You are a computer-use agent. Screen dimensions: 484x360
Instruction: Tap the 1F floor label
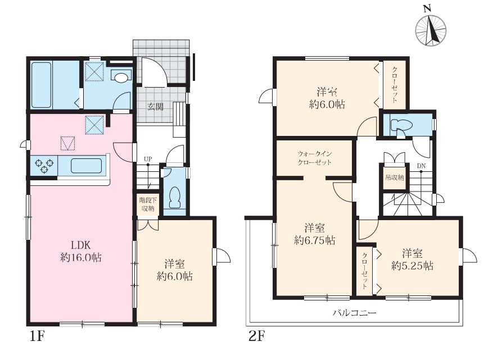point(38,336)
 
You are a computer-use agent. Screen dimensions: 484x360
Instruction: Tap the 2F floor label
point(257,336)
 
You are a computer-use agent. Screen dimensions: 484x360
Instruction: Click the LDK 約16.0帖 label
point(81,252)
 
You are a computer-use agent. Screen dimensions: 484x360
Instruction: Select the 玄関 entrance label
point(155,107)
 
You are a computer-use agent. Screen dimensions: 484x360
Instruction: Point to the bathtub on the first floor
point(42,85)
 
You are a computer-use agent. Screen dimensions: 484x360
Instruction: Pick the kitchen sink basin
point(87,166)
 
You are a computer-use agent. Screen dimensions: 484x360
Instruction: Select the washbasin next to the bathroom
point(120,77)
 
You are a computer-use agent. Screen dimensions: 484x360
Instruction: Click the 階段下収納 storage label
point(148,204)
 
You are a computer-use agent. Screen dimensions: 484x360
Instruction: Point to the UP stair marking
point(148,159)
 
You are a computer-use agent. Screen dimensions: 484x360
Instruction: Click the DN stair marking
point(422,166)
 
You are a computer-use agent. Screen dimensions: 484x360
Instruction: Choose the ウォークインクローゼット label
point(315,158)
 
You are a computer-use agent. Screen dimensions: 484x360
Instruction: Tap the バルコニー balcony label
point(354,313)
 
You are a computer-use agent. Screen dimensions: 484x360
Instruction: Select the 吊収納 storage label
point(394,177)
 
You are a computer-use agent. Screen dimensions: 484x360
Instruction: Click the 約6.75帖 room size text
point(315,240)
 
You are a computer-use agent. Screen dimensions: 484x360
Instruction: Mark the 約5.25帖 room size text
point(412,266)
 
